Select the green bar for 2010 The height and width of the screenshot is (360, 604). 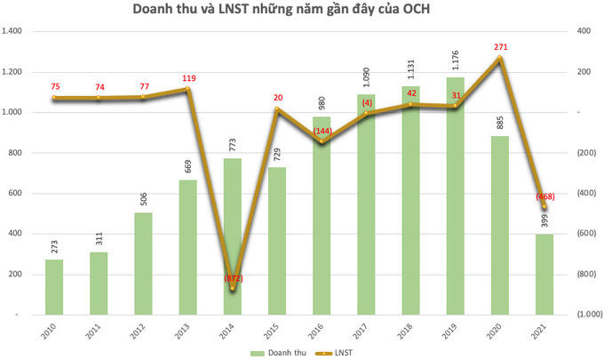54,286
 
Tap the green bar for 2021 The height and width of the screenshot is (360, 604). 545,274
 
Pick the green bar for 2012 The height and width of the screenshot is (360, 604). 144,263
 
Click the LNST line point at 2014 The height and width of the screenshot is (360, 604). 233,288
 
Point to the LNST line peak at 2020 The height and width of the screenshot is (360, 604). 501,59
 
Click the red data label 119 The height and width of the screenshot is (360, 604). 188,78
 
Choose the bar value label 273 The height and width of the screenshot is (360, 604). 54,243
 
